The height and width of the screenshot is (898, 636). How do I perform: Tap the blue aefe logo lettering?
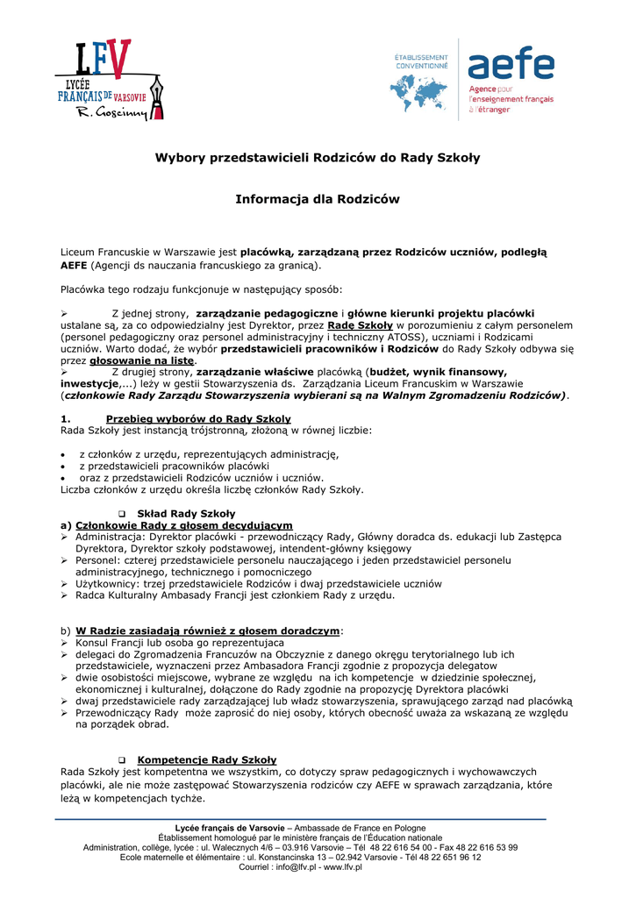point(511,66)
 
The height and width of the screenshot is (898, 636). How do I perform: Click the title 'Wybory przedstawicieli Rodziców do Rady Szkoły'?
point(318,158)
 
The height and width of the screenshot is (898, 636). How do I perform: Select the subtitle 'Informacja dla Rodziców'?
point(318,199)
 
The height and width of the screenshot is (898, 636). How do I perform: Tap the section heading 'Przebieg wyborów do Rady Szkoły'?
point(198,418)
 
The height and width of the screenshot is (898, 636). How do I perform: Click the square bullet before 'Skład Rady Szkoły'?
point(122,513)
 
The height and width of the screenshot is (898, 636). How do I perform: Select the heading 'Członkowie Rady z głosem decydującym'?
point(184,524)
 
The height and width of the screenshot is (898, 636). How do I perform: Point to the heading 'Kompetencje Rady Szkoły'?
point(207,759)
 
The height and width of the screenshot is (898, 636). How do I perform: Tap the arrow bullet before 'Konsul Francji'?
point(65,643)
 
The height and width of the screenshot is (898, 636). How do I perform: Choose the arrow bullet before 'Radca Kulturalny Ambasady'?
point(65,595)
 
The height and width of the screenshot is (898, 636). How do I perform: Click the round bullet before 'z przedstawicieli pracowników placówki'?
point(64,466)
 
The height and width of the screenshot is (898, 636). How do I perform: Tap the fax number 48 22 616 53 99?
point(480,848)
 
